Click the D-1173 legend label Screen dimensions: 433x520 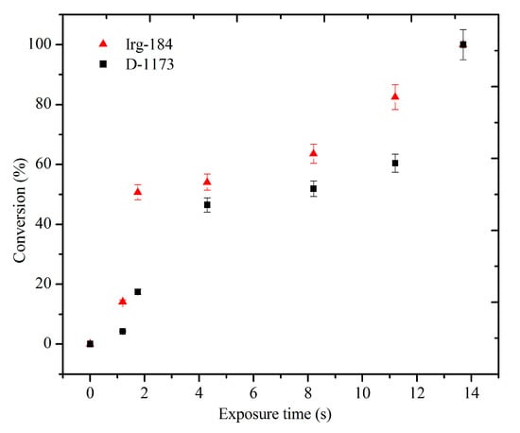click(147, 63)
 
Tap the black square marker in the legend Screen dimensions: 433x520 click(104, 63)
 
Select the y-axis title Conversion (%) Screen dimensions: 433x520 click(20, 194)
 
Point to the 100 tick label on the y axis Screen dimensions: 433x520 click(43, 44)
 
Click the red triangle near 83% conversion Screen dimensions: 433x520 click(395, 96)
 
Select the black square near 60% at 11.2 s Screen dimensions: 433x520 click(395, 164)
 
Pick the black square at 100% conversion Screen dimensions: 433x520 click(463, 44)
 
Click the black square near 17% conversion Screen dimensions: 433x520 click(138, 292)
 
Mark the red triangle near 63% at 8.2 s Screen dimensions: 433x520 click(313, 153)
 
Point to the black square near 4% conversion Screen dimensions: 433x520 click(123, 331)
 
